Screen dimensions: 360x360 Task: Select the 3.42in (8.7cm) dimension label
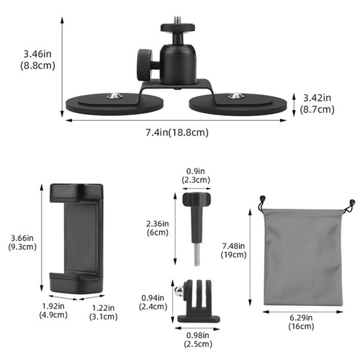tap(317, 104)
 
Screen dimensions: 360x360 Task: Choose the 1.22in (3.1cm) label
tap(99, 310)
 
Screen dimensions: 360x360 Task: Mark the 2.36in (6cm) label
tap(156, 228)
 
